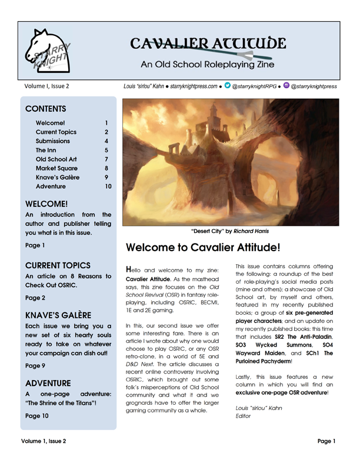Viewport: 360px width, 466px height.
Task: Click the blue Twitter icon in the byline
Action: (226, 85)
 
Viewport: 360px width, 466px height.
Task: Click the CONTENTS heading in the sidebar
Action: (46, 109)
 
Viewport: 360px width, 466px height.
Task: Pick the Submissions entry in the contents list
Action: (52, 141)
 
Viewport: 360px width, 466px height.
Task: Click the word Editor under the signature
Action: (244, 416)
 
